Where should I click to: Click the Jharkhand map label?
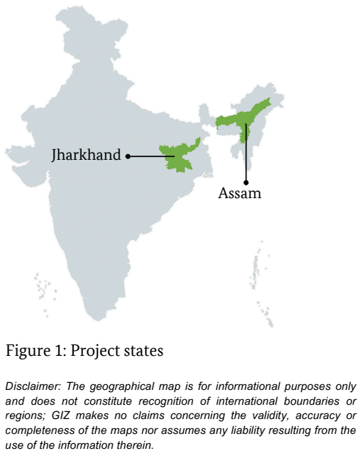click(86, 155)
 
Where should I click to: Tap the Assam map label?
click(239, 192)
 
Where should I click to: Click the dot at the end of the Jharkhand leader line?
click(128, 156)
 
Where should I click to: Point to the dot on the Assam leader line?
click(246, 126)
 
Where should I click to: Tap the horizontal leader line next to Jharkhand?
click(149, 156)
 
